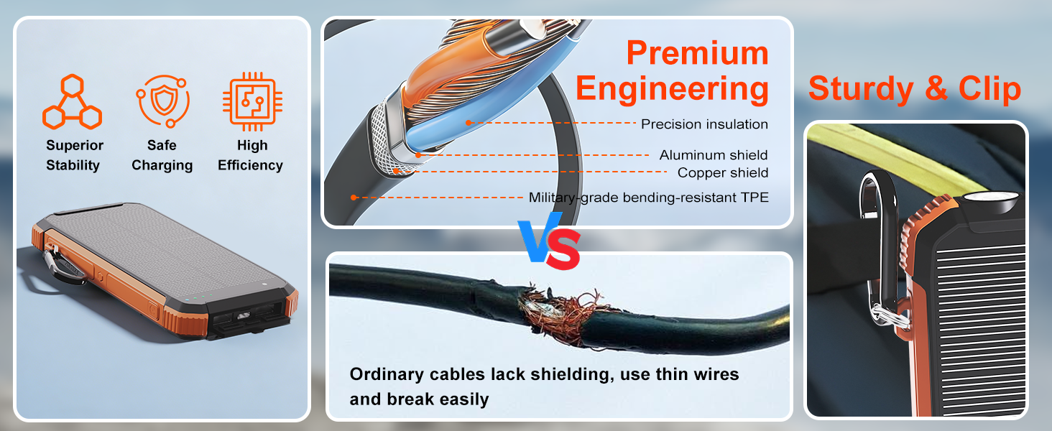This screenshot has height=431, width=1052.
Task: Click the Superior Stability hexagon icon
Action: [x=72, y=102]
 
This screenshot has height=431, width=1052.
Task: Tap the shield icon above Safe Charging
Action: [x=163, y=101]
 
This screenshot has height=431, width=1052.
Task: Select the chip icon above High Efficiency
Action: [x=252, y=102]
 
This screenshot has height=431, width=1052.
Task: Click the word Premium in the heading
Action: [x=698, y=52]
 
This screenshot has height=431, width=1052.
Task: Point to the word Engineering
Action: [x=672, y=89]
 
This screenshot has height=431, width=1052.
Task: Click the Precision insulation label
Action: [x=704, y=124]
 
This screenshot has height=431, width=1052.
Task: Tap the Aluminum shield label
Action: [x=714, y=155]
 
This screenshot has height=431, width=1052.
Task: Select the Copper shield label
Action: [x=723, y=173]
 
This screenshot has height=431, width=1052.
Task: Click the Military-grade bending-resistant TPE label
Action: [x=649, y=198]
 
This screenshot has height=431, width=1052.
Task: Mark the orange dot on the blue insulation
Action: [x=469, y=123]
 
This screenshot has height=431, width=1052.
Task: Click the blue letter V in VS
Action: [x=538, y=237]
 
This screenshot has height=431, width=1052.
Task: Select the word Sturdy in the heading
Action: [x=861, y=89]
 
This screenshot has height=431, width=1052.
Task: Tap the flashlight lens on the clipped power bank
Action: [x=990, y=198]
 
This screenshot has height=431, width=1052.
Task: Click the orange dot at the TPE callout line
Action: [x=354, y=198]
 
